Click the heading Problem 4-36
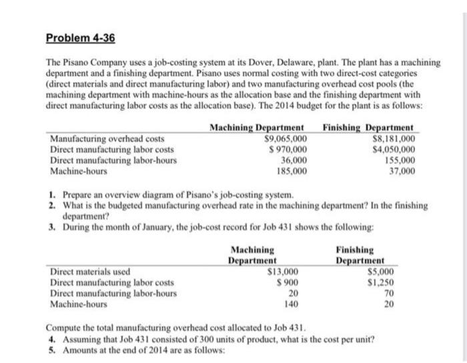tap(80, 38)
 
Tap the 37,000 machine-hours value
tap(402, 171)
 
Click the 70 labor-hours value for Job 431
tap(389, 293)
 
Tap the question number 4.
tap(51, 339)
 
